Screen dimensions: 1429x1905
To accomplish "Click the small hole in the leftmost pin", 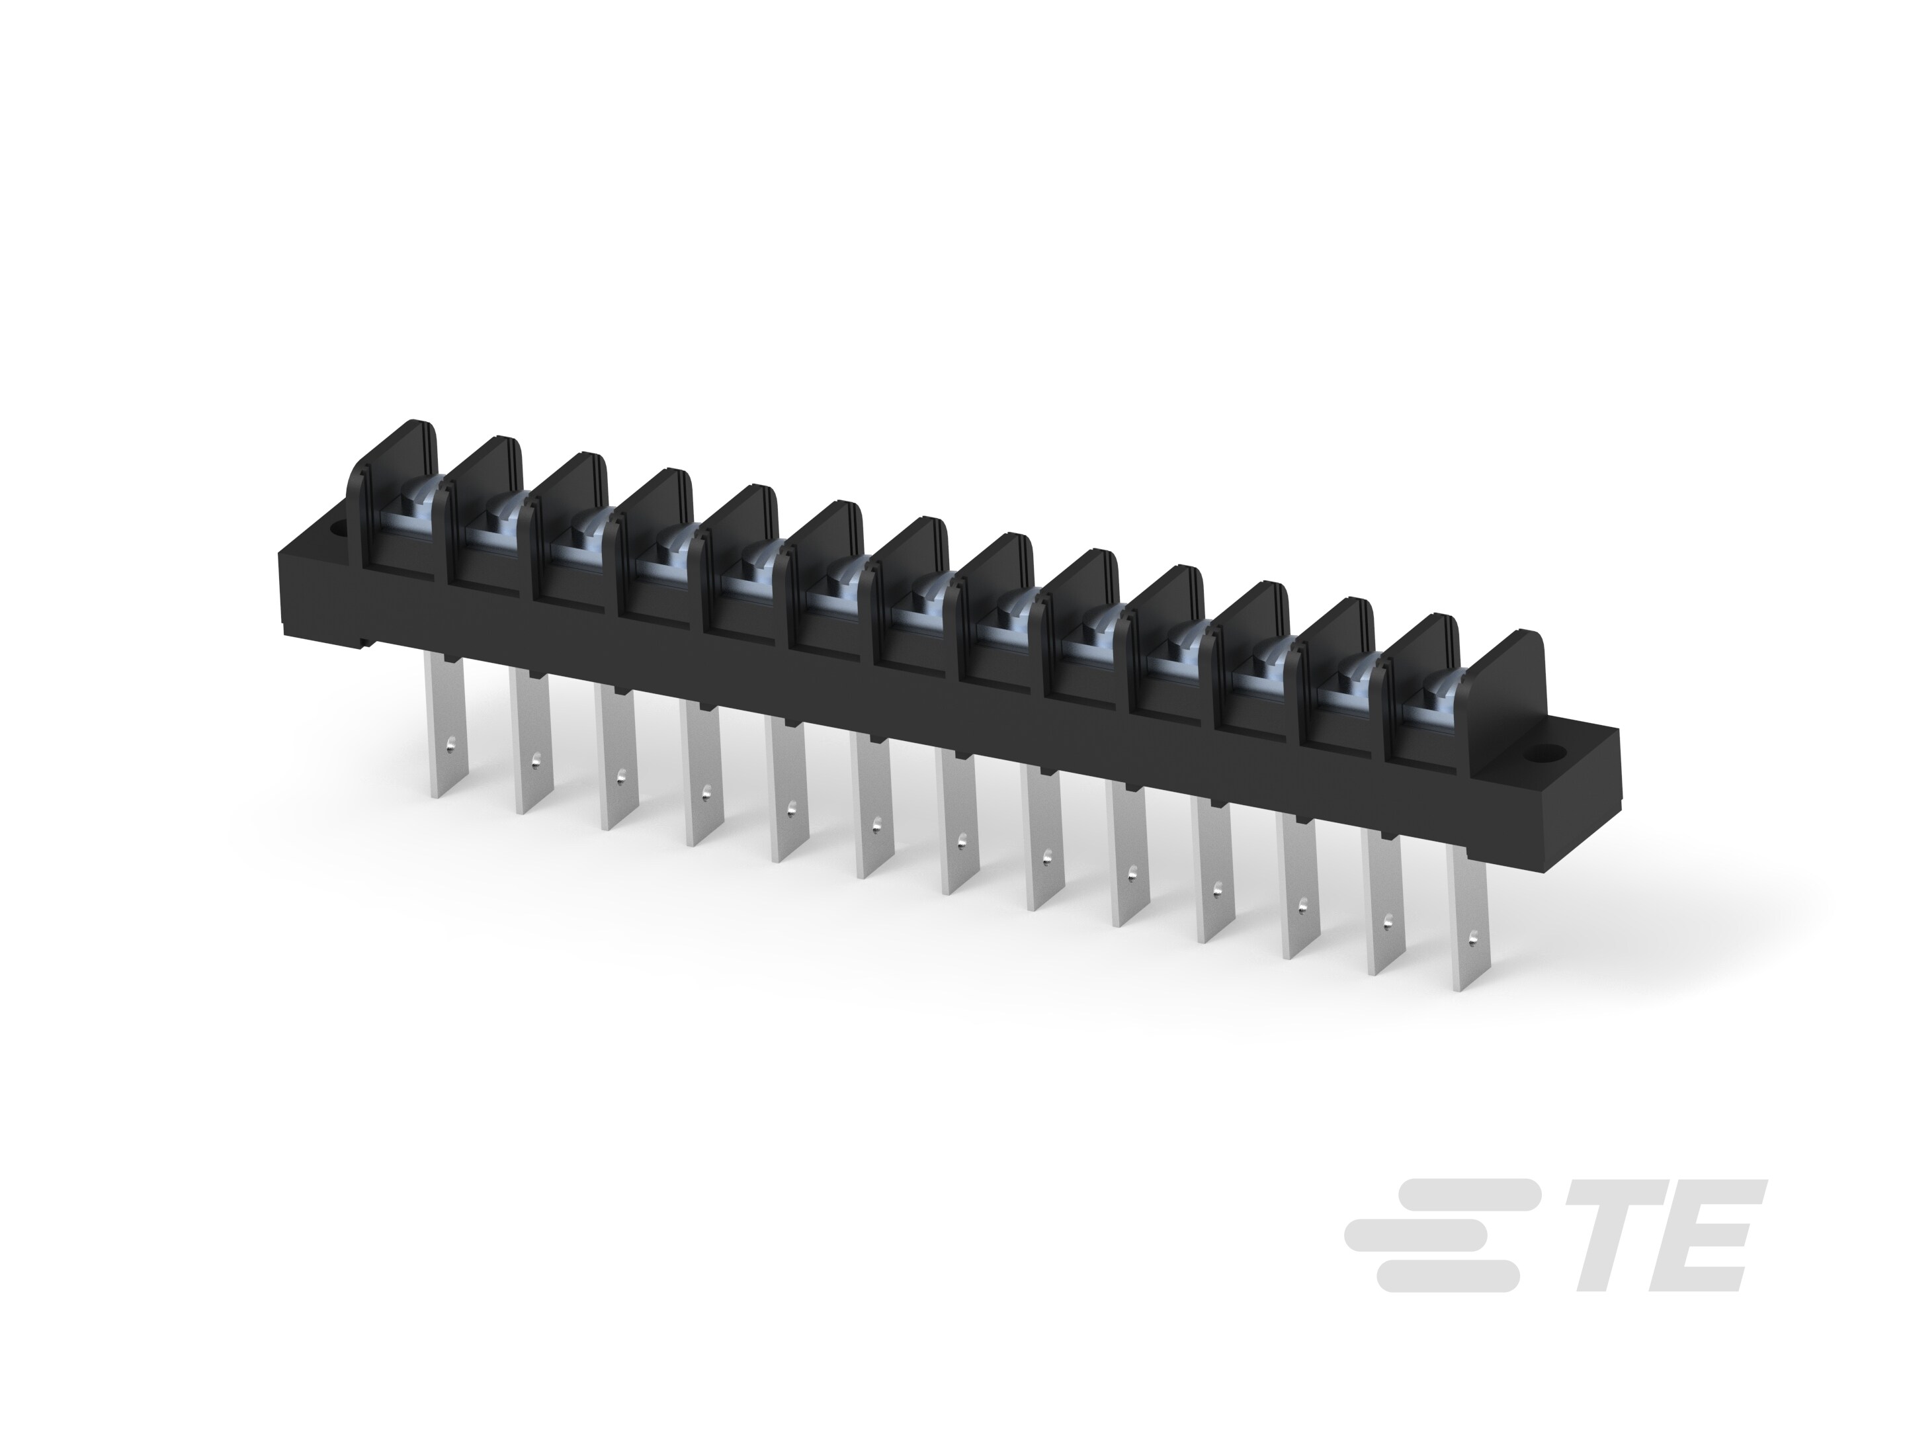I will (450, 740).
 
